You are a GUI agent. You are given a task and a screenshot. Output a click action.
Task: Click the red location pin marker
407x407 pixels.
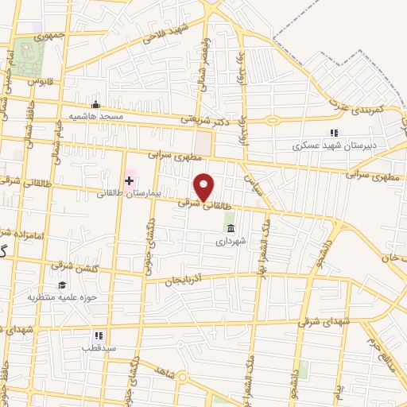pos(204,187)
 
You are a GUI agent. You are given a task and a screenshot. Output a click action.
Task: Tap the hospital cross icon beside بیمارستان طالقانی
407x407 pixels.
pos(129,181)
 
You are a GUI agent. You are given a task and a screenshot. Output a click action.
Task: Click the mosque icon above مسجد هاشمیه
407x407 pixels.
pos(96,104)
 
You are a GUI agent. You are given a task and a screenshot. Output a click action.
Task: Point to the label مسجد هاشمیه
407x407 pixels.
pos(95,116)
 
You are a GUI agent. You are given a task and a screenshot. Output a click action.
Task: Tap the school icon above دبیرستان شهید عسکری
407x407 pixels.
pos(334,134)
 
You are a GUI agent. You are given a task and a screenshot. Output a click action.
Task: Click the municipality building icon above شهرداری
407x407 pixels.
pos(231,228)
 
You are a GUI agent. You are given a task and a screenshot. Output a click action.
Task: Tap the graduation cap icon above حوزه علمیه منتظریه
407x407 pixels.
pos(61,285)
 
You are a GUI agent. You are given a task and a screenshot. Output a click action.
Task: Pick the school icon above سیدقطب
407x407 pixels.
pos(99,336)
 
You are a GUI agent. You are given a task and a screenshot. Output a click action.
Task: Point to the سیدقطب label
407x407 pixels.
pos(99,348)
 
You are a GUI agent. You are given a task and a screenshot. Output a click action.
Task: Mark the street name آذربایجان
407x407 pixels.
pos(184,281)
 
